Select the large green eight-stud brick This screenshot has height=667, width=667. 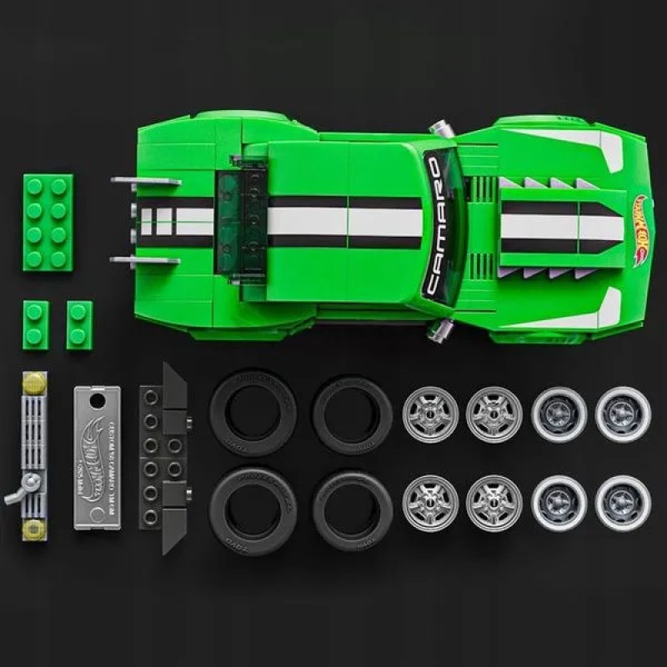tap(48, 221)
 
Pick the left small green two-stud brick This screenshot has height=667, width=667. tap(36, 323)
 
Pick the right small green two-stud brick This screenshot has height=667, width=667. tap(79, 323)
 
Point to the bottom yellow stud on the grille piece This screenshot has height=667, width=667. tap(33, 528)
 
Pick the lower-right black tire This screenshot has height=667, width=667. tap(352, 504)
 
